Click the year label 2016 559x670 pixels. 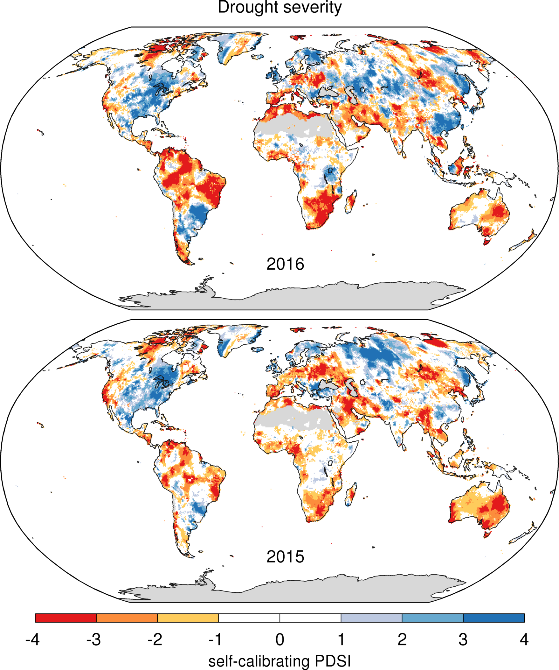(285, 264)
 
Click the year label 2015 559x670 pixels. (285, 557)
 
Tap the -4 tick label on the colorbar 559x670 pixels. (32, 639)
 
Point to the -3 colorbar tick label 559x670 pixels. (93, 639)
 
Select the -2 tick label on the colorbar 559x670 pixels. (155, 639)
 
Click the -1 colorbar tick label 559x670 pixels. (216, 639)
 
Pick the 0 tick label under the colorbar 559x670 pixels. (280, 639)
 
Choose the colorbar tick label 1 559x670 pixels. (341, 639)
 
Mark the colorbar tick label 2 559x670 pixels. (402, 639)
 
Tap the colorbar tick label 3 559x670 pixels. (463, 639)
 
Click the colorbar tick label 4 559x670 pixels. (524, 639)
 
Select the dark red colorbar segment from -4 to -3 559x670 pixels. (66, 618)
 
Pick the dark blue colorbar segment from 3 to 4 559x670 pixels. (493, 618)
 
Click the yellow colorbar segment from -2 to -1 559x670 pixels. (188, 618)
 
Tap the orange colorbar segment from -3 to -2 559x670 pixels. (127, 618)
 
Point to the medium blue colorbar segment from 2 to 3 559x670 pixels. (432, 618)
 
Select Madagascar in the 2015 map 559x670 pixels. (351, 494)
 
